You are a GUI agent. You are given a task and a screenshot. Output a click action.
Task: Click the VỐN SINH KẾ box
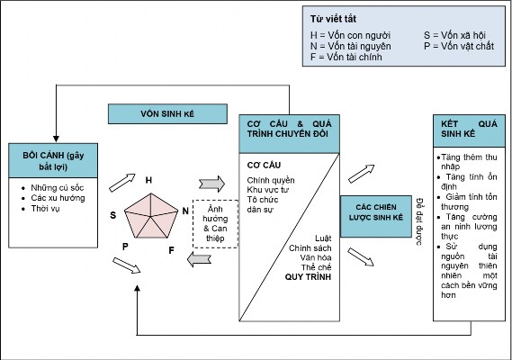(167, 113)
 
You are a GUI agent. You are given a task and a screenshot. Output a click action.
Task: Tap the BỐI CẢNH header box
(53, 160)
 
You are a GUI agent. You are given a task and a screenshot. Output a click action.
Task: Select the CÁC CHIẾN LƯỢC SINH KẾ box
(376, 216)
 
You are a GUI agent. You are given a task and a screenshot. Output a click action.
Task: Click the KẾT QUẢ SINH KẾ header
(469, 130)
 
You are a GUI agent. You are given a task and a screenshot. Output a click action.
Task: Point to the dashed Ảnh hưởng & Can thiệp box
(215, 224)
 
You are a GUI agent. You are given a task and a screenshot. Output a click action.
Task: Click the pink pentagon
(151, 216)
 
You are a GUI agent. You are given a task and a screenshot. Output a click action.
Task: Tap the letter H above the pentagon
(148, 180)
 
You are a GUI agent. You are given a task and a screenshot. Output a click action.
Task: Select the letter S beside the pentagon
(113, 215)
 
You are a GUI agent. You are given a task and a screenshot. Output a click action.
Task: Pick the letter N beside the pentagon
(185, 211)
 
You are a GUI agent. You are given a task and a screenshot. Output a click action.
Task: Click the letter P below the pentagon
(125, 247)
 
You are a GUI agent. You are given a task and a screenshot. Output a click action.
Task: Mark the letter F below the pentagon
(171, 250)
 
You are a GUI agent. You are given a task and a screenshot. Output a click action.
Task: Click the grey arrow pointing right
(211, 184)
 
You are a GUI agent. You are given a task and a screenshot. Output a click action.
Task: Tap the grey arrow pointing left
(199, 260)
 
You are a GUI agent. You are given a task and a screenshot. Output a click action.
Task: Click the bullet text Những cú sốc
(58, 188)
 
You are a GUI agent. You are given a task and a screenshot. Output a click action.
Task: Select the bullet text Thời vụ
(45, 209)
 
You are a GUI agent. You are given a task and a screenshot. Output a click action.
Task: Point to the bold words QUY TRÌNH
(308, 277)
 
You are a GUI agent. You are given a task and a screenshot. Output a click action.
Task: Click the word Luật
(323, 238)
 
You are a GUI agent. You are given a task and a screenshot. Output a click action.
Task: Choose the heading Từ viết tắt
(333, 19)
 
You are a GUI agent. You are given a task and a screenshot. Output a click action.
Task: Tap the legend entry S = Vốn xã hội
(454, 35)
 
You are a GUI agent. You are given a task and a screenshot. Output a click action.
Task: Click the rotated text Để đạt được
(420, 221)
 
